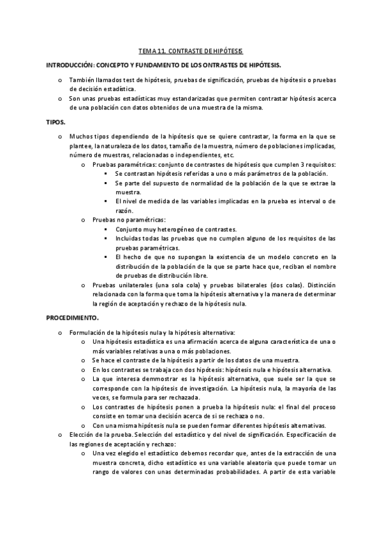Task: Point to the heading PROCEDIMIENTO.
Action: tap(72, 316)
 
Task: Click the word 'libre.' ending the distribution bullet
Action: tap(198, 275)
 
